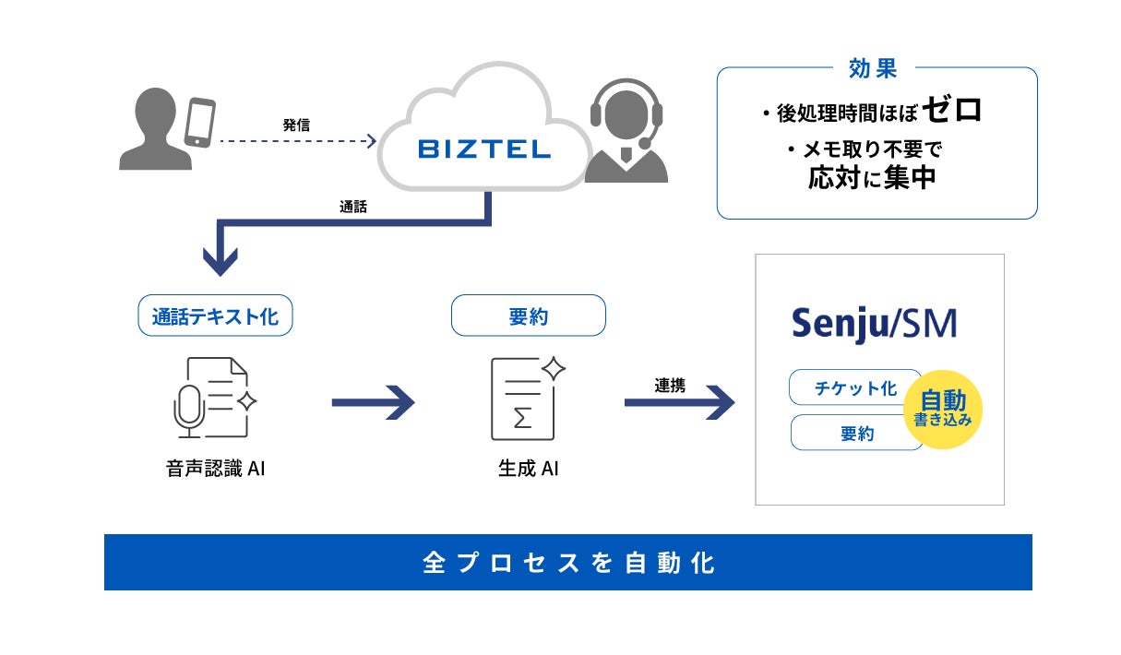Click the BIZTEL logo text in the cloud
[484, 149]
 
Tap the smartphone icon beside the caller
[199, 123]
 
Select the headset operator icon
[626, 131]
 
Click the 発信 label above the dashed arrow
[296, 125]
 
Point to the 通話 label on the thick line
[353, 207]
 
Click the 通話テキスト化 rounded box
[215, 316]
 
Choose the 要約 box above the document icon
[529, 316]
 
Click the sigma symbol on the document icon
[522, 418]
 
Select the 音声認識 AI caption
[215, 469]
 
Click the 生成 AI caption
[528, 469]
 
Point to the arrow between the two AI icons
[374, 402]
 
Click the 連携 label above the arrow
[670, 385]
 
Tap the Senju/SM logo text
[875, 324]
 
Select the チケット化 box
[855, 387]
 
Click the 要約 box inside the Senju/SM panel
[857, 433]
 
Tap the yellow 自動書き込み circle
[943, 410]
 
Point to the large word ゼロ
[952, 110]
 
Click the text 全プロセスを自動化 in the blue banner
[568, 563]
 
